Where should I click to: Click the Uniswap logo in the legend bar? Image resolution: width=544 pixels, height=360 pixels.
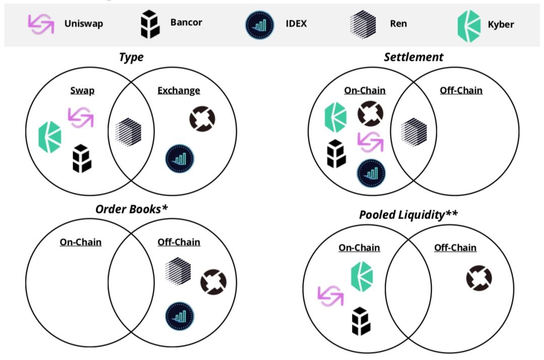point(40,24)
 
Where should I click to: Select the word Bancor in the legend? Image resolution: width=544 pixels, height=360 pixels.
point(186,23)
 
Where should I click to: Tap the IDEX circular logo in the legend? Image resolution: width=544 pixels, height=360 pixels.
point(259,24)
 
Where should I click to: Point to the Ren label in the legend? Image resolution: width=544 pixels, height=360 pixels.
point(398,24)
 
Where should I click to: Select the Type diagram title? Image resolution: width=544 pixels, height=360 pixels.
point(131,57)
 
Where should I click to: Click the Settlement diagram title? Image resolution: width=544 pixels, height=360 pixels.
point(414,57)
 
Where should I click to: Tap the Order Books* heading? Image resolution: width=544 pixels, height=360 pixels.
point(131,208)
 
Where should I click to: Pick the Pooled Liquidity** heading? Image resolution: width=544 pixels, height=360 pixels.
point(409,214)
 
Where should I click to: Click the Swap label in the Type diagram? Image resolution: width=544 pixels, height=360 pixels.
point(83,91)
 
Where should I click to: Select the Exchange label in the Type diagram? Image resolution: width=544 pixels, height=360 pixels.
point(178,91)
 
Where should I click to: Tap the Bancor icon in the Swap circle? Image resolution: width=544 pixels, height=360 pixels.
point(81,158)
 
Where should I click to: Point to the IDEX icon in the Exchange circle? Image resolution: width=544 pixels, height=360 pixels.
point(180,159)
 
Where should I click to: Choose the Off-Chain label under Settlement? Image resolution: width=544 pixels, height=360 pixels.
point(461,91)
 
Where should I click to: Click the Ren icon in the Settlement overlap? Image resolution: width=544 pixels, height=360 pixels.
point(414,132)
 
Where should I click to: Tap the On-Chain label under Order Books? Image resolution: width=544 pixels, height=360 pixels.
point(81,242)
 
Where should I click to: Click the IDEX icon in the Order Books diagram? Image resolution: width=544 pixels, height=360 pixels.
point(180,316)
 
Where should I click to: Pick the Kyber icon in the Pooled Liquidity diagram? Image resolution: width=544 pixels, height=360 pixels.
point(362,276)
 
